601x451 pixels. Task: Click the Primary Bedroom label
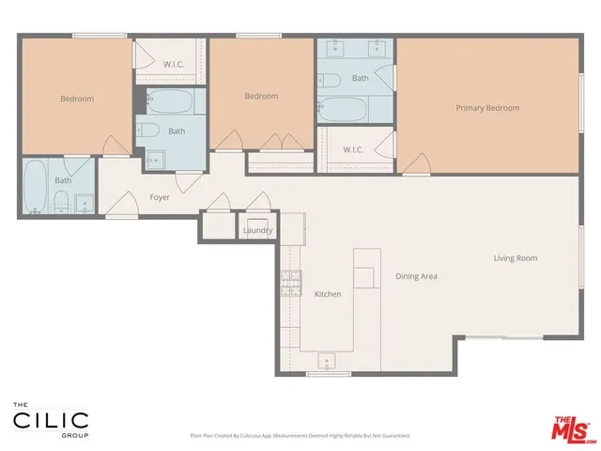(487, 108)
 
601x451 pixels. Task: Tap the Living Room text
(516, 258)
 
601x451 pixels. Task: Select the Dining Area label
(416, 276)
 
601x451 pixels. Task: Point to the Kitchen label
(328, 294)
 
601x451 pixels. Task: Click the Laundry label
(257, 230)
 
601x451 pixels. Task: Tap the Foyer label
(160, 197)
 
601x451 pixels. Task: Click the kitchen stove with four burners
(290, 281)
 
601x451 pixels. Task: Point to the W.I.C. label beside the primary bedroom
(353, 149)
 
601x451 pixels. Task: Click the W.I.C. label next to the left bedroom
(174, 65)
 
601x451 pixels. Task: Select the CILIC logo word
(51, 420)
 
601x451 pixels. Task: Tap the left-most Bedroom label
(77, 99)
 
